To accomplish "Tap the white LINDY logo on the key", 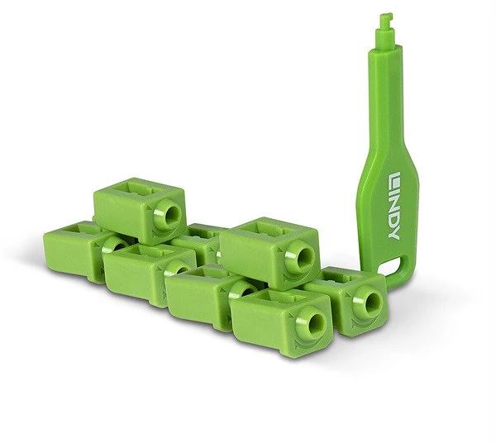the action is (394, 206).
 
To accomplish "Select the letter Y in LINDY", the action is (394, 233).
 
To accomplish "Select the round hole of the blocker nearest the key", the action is (371, 301).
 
